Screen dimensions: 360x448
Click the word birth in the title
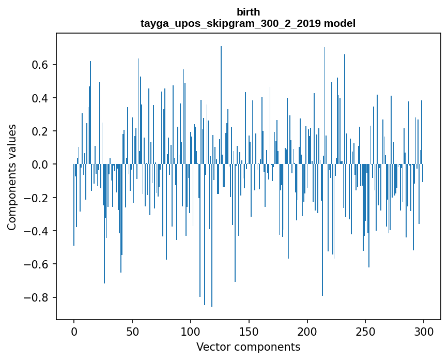pos(248,12)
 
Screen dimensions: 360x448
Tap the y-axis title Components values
pos(12,177)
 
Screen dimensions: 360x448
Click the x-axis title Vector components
pos(248,347)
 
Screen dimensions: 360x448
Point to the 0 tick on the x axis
pos(74,331)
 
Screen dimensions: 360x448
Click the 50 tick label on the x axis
pos(132,331)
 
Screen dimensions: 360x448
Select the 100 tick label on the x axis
pos(191,331)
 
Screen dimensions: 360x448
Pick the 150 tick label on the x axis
pos(249,331)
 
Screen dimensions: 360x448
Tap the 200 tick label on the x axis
pos(307,331)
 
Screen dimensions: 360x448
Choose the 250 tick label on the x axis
pos(366,331)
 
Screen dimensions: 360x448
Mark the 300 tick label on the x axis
pos(424,331)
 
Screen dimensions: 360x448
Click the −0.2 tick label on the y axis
pos(38,198)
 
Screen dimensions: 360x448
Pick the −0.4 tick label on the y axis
pos(38,231)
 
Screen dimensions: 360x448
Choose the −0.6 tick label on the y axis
pos(38,264)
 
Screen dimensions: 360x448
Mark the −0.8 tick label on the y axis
pos(38,298)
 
